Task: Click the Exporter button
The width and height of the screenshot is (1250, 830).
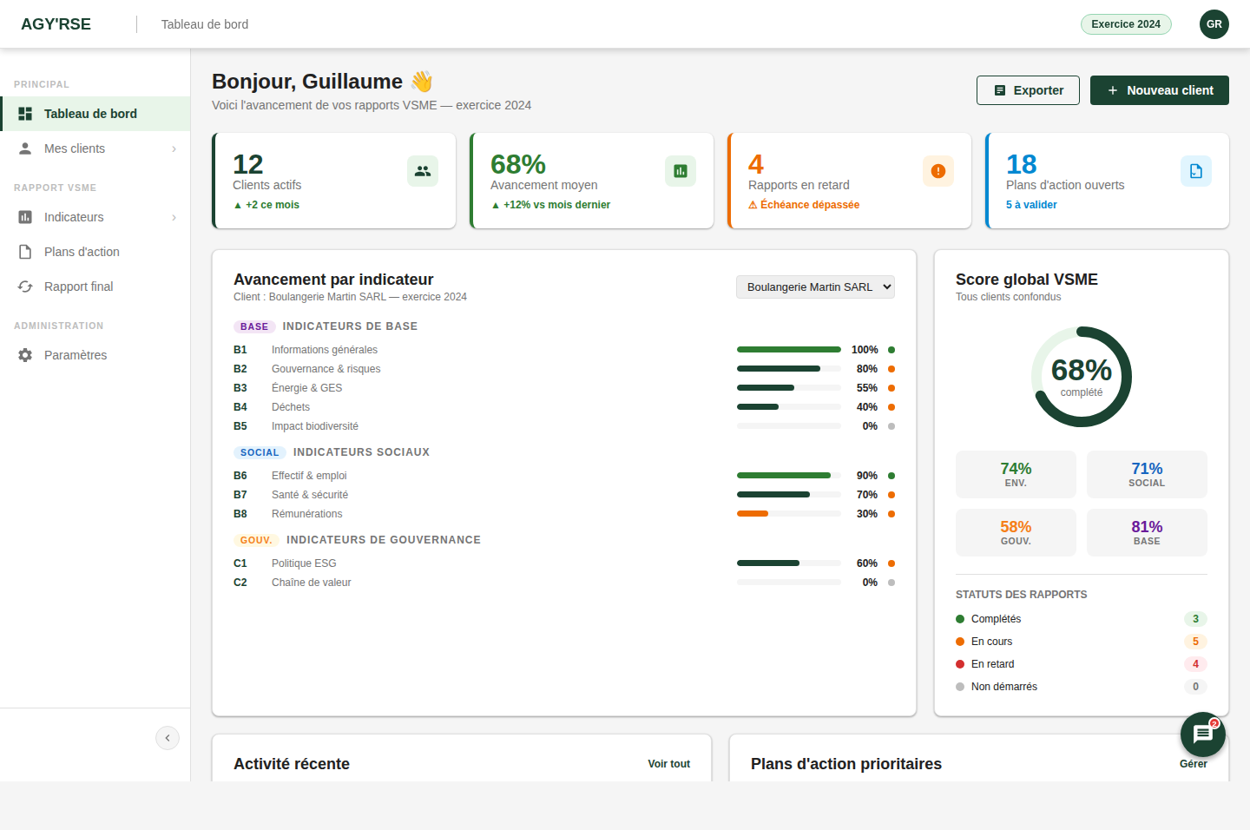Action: click(x=1028, y=90)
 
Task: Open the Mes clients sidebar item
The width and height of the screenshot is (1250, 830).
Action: click(x=95, y=148)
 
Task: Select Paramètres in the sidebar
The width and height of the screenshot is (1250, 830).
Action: click(x=95, y=355)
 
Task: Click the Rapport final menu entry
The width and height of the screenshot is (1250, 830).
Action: click(x=95, y=287)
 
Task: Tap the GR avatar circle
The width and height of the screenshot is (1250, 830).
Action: click(x=1214, y=24)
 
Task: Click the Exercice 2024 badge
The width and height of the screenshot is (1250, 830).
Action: click(x=1126, y=24)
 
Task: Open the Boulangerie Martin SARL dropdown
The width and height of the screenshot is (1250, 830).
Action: click(x=815, y=287)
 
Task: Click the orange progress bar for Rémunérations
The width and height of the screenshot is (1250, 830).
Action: click(x=753, y=513)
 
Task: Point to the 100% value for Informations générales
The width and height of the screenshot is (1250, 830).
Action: click(x=865, y=350)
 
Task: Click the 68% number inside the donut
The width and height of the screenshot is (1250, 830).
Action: click(x=1082, y=370)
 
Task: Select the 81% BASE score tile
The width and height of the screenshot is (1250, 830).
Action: click(x=1147, y=532)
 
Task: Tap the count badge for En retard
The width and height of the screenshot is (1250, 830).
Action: click(x=1195, y=664)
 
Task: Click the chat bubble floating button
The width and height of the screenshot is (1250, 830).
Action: click(x=1203, y=734)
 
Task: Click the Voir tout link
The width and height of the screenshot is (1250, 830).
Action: click(x=668, y=763)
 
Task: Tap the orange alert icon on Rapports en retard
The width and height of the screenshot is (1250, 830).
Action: click(x=938, y=171)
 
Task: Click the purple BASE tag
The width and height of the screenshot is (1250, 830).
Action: click(x=254, y=326)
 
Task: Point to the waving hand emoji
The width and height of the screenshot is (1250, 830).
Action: click(x=422, y=82)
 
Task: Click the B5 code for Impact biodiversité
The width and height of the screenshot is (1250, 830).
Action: click(x=240, y=426)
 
